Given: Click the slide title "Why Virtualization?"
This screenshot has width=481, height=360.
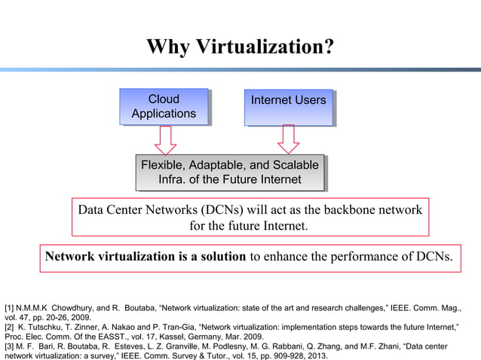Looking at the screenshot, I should [x=240, y=47].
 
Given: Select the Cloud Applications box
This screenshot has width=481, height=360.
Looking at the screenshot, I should [x=164, y=106].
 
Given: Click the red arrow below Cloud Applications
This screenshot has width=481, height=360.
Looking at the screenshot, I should [x=164, y=139].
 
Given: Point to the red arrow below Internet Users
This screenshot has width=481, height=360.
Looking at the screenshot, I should [x=288, y=139].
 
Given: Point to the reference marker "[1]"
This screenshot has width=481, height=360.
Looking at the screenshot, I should [x=10, y=309].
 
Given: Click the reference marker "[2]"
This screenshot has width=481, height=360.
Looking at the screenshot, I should [x=10, y=328].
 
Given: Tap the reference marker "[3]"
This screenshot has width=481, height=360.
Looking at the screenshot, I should [x=10, y=346].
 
